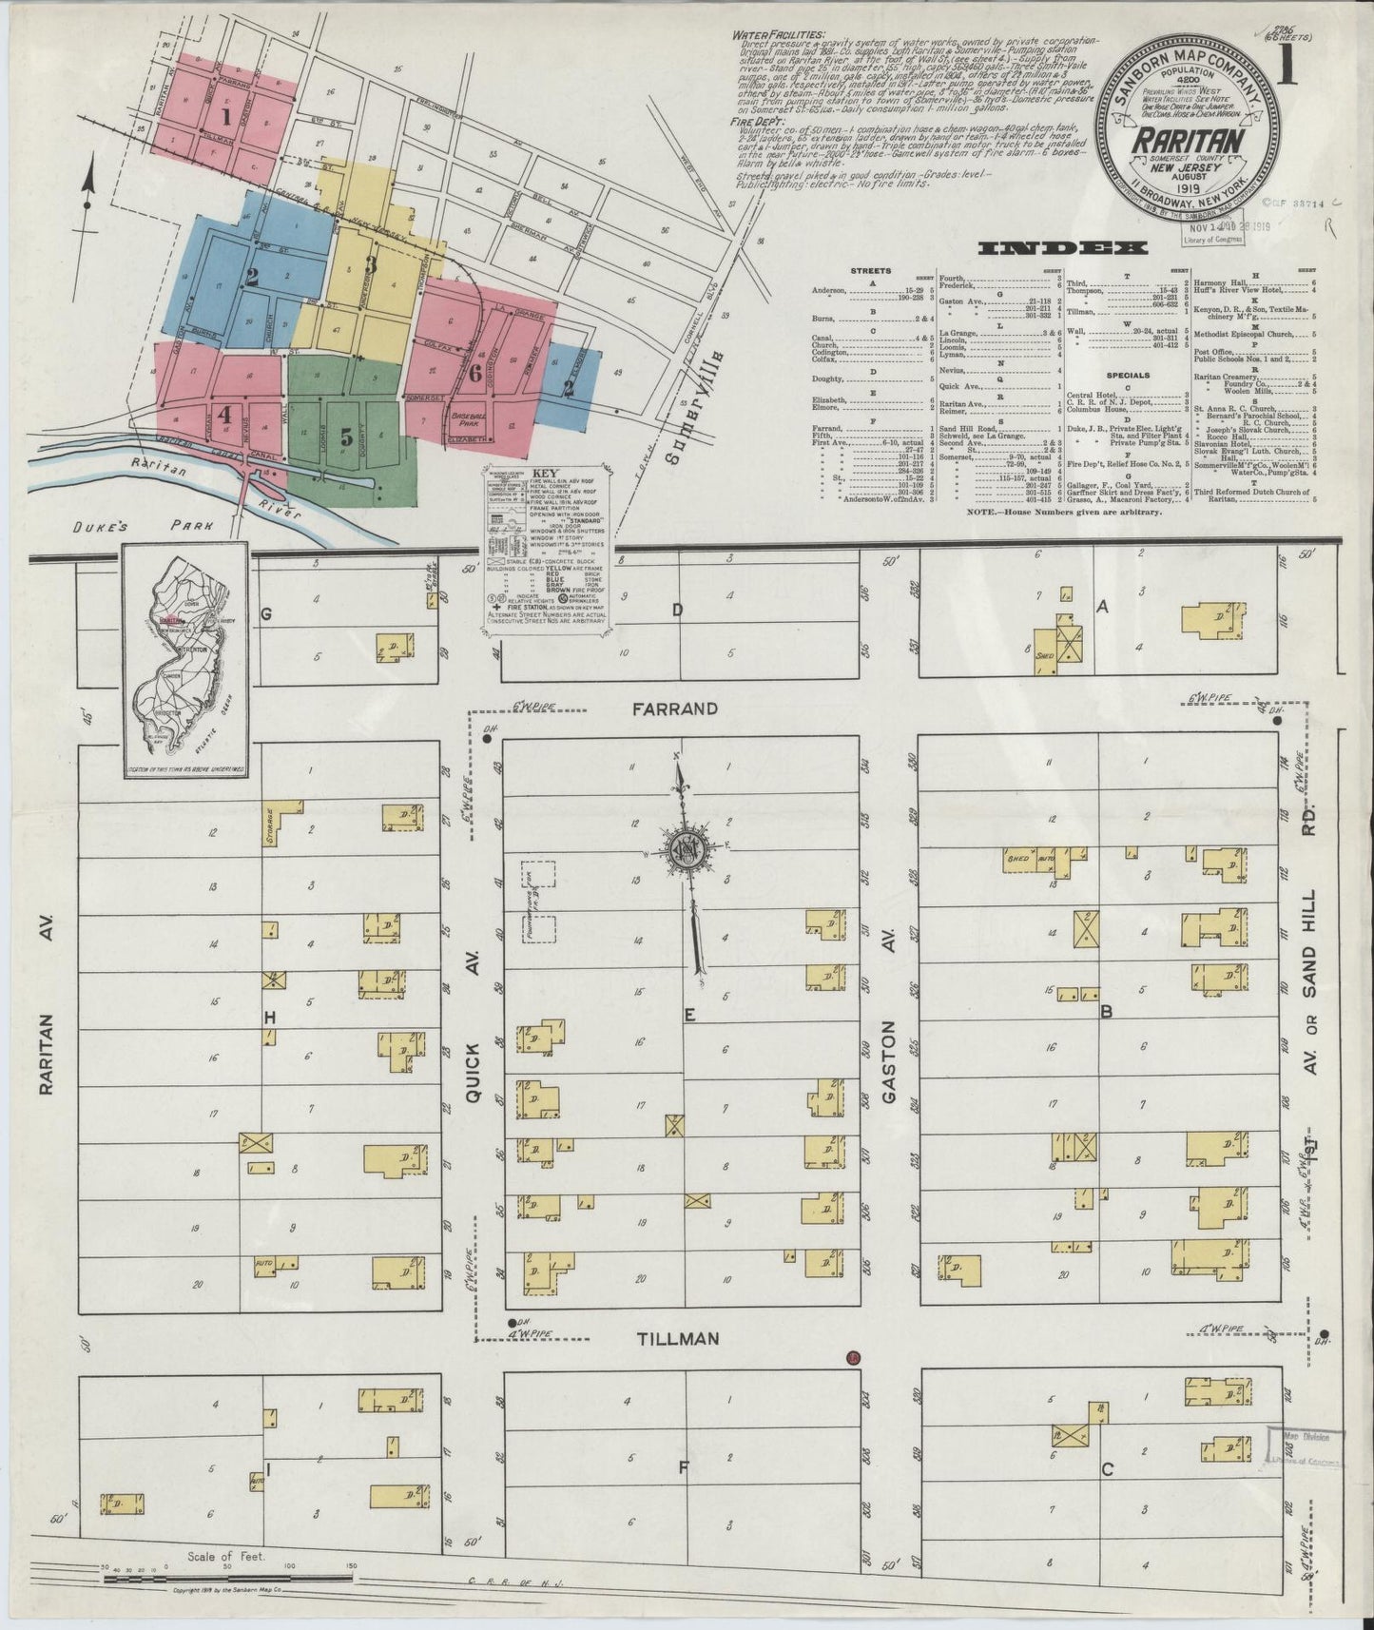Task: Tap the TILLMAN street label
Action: click(x=678, y=1338)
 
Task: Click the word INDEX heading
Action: click(x=1063, y=248)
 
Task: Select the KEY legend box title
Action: click(x=546, y=474)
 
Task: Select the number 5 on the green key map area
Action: click(x=347, y=437)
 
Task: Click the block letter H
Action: click(x=269, y=1018)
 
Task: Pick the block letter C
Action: click(x=1107, y=1470)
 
